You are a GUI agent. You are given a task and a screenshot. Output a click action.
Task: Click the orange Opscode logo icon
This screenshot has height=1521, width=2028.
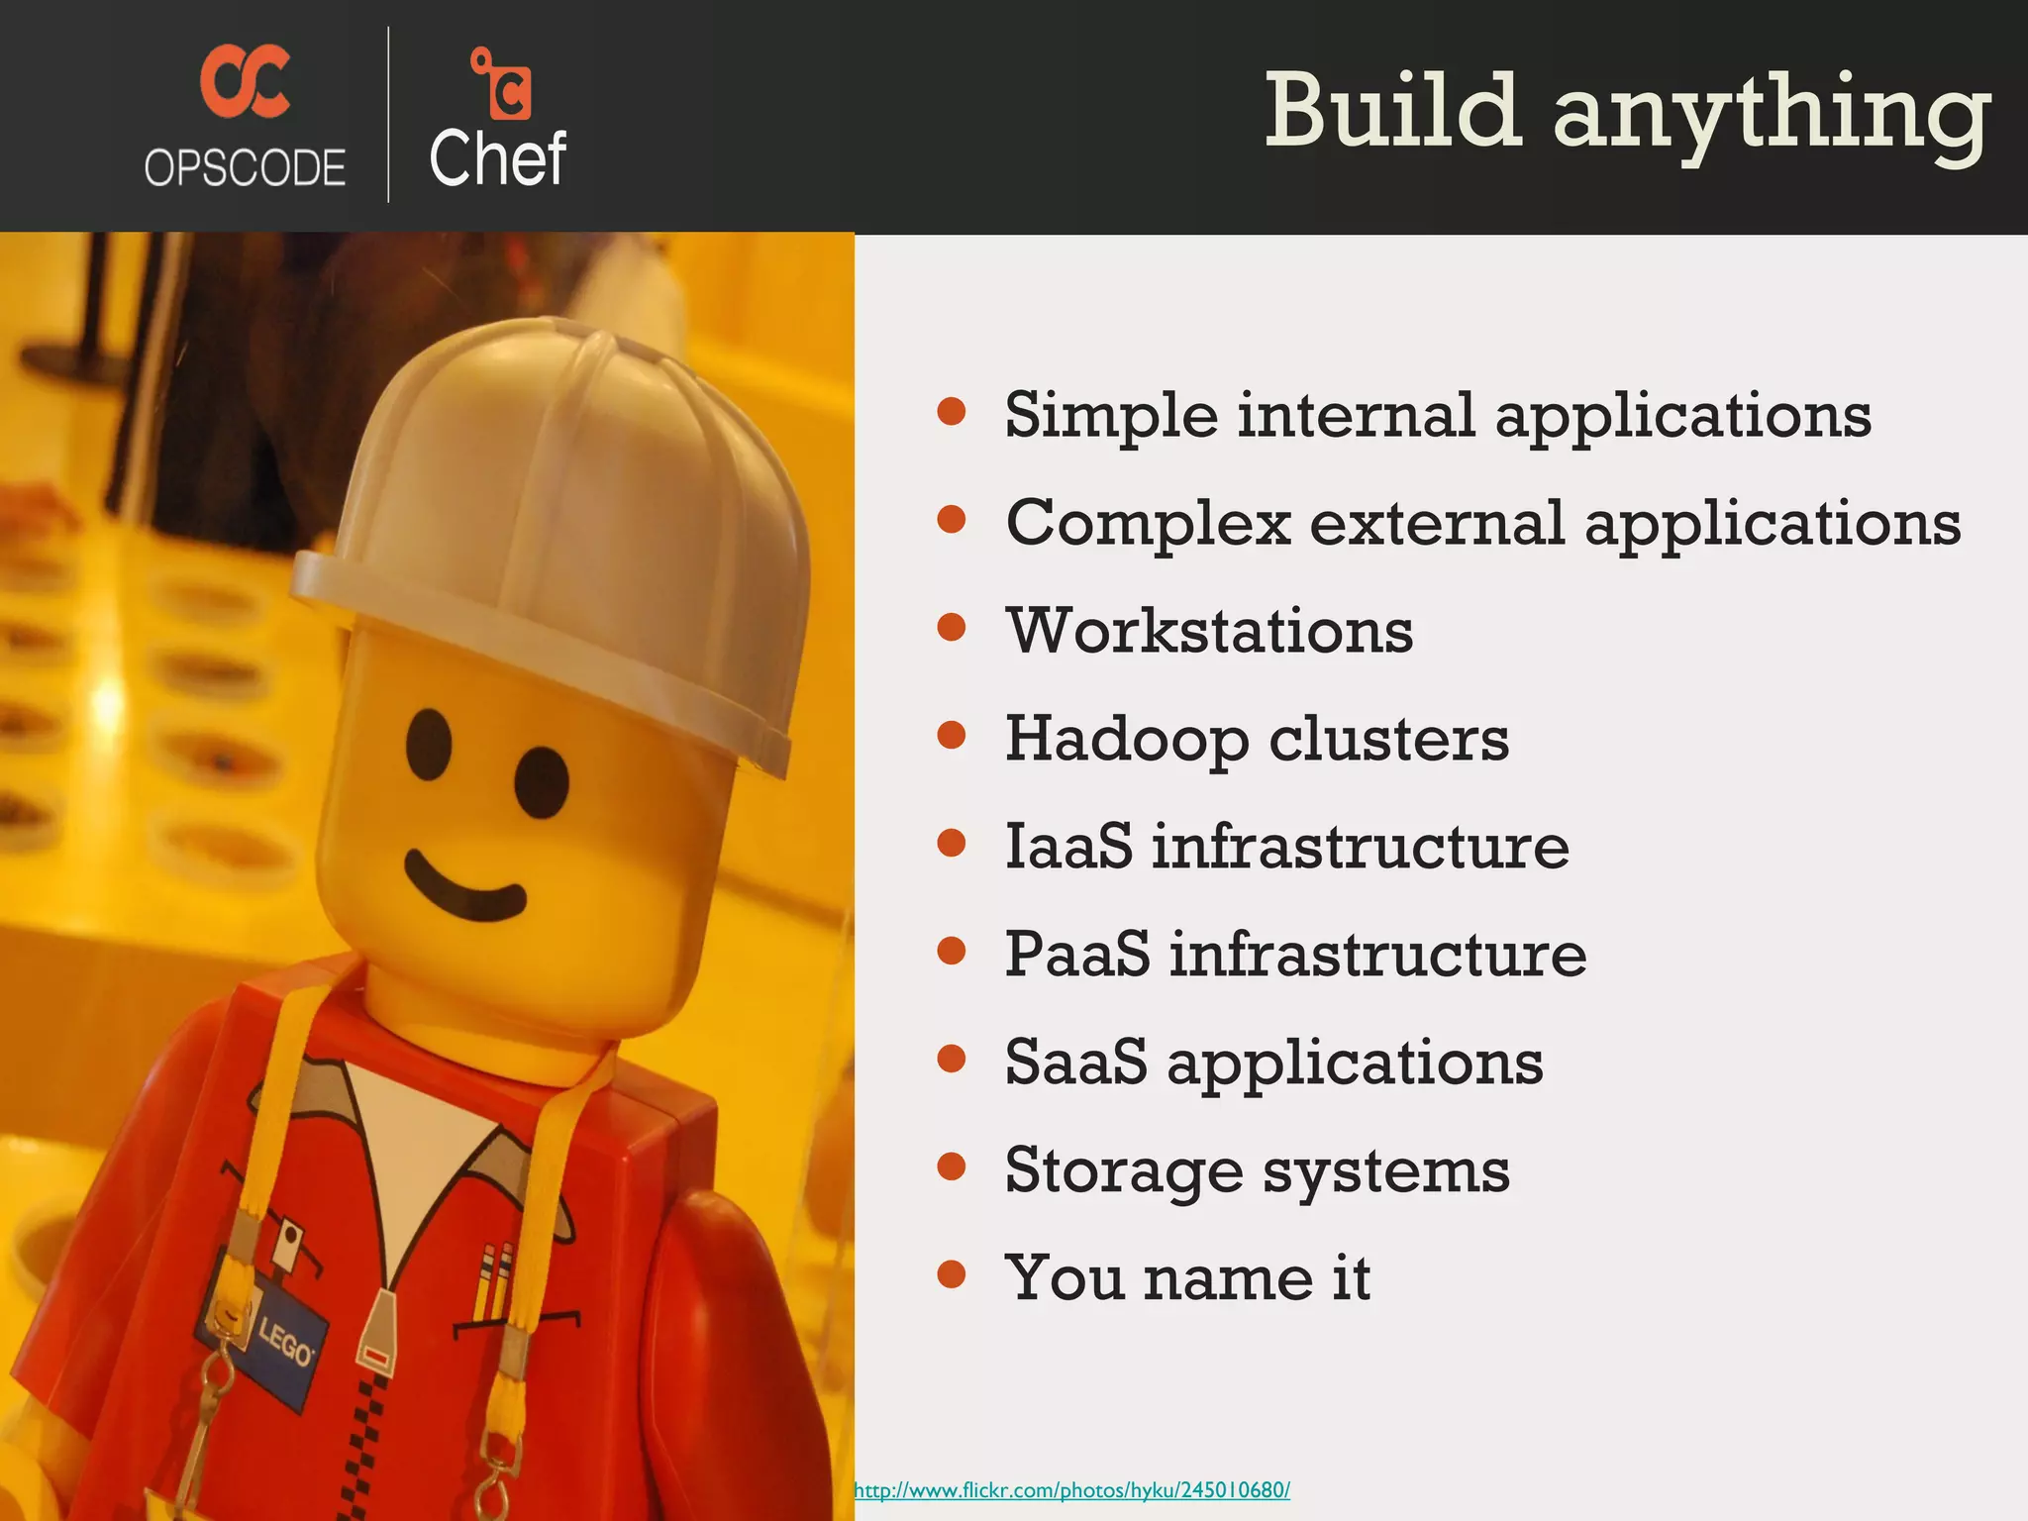tap(245, 81)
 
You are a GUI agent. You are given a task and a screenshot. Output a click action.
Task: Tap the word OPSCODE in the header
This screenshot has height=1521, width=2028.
tap(245, 167)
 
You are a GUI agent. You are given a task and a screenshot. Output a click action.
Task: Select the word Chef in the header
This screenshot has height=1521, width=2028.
tap(497, 158)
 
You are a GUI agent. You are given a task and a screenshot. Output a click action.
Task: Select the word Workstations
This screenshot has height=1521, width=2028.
tap(1209, 631)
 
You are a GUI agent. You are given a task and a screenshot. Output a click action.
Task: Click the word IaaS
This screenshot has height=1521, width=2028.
tap(1067, 847)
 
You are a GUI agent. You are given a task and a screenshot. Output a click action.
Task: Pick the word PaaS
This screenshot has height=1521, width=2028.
tap(1077, 955)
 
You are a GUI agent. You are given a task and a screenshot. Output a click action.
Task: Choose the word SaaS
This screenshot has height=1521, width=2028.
tap(1075, 1063)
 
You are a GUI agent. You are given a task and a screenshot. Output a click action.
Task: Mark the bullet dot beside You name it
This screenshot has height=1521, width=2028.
tap(951, 1273)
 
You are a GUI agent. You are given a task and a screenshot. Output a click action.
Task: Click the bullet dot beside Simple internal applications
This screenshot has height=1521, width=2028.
tap(951, 412)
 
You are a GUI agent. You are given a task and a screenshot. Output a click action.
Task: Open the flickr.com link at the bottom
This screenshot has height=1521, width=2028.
tap(1071, 1490)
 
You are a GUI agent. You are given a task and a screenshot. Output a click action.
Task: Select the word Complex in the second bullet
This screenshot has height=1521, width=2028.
tap(1149, 523)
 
